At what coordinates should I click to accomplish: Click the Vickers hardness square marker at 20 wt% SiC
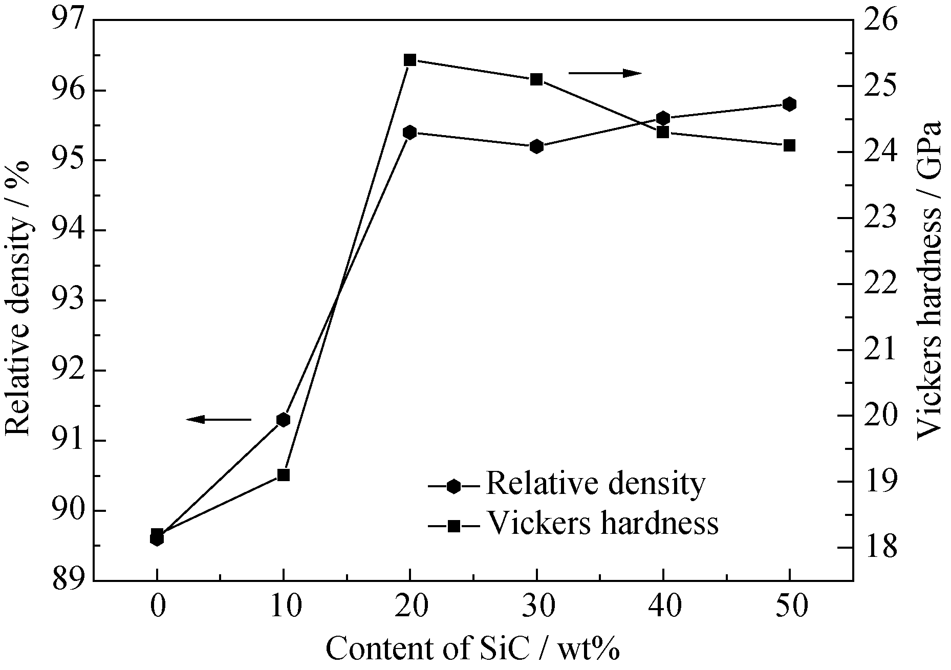(410, 60)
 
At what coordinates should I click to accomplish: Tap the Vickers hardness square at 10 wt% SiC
(284, 474)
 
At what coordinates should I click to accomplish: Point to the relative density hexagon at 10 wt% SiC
(284, 420)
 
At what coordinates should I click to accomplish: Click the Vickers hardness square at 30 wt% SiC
(536, 79)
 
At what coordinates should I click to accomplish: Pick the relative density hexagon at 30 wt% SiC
(536, 146)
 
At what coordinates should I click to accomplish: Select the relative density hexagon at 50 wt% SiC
(789, 104)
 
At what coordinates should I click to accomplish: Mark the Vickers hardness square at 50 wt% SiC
(789, 145)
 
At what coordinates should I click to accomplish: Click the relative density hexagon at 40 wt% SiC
(663, 118)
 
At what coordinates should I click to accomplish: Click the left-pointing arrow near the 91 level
(219, 420)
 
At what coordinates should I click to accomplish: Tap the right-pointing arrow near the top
(605, 73)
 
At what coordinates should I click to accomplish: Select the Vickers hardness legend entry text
(602, 523)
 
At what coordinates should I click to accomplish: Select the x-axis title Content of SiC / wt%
(472, 649)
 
